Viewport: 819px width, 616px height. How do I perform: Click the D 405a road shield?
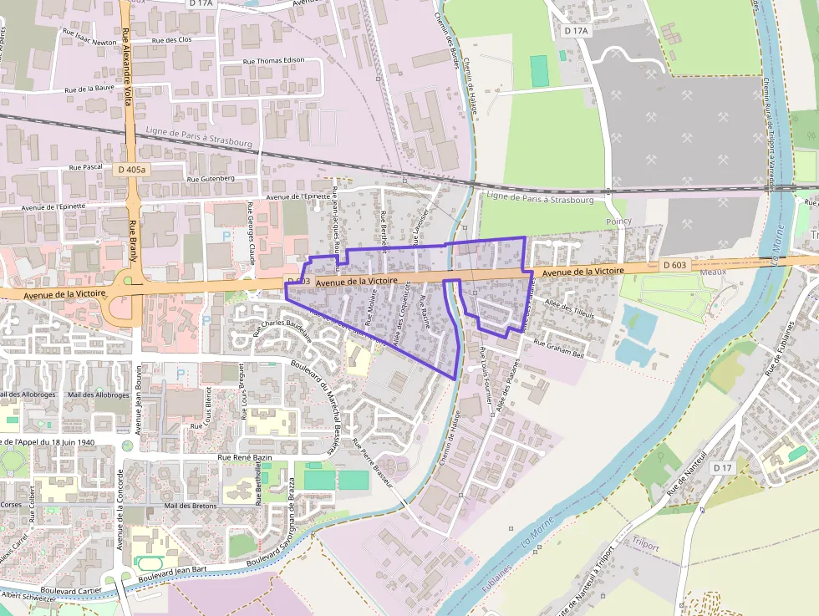[132, 169]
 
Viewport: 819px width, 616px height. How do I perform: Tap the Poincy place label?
[619, 221]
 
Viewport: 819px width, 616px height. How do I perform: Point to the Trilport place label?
[646, 546]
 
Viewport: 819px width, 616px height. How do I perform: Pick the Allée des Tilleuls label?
[568, 310]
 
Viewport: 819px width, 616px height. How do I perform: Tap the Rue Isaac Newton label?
[89, 41]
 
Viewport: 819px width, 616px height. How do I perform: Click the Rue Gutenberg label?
[211, 178]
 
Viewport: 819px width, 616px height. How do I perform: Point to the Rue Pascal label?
[87, 167]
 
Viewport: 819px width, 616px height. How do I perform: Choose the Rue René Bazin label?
[247, 457]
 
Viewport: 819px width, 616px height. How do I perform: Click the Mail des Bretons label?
[191, 506]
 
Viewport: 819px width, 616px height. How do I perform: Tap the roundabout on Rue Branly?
[128, 280]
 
